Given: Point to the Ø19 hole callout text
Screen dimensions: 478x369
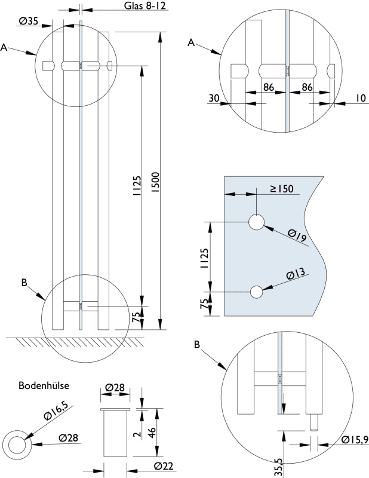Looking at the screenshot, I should [x=296, y=237].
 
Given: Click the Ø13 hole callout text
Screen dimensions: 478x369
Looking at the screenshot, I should [x=296, y=275].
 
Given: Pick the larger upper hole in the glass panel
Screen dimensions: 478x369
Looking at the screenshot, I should [x=256, y=222].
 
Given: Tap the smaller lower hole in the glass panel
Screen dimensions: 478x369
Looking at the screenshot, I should [x=256, y=292].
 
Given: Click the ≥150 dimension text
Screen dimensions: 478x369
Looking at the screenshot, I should [x=281, y=189].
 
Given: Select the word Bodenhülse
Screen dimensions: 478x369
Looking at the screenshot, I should [x=43, y=385].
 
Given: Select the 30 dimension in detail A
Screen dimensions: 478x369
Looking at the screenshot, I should [x=214, y=98].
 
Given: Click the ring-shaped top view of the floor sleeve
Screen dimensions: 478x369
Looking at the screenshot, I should [x=17, y=444].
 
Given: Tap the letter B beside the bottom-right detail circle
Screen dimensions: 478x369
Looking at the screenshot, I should [x=198, y=345].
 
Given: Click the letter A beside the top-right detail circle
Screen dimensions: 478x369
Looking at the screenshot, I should [x=192, y=42].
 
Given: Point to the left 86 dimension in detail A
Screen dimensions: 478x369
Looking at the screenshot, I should [x=268, y=87].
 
